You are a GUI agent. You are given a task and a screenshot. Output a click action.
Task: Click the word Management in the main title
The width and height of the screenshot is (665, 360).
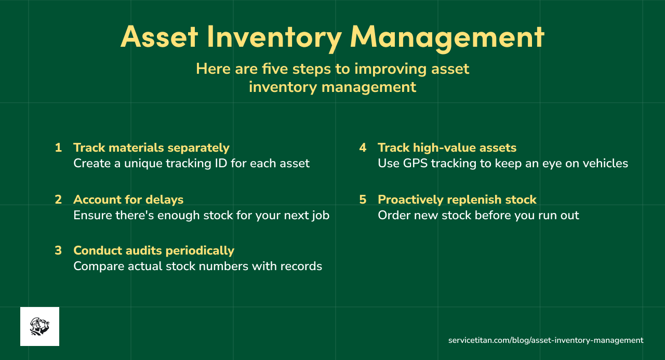[447, 37]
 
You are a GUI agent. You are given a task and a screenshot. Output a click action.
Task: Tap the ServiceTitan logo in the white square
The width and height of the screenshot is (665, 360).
[39, 326]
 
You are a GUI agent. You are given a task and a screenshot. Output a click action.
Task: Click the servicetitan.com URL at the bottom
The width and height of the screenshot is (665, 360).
[546, 340]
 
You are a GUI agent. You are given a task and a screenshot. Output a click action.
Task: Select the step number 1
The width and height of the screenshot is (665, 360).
[58, 148]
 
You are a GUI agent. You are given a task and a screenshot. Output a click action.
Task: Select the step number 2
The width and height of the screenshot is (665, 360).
[58, 199]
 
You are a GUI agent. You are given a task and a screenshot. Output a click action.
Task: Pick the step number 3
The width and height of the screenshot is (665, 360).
[58, 250]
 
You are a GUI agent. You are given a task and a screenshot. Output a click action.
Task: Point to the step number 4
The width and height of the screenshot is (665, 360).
[363, 148]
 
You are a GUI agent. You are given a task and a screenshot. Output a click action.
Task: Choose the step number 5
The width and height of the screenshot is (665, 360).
[363, 199]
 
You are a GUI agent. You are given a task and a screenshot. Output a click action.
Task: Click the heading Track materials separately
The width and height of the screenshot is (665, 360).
[151, 148]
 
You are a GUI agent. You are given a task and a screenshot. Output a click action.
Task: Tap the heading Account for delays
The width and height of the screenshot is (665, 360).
[128, 199]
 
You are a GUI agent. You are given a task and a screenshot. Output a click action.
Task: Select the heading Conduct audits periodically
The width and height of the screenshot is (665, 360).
[154, 250]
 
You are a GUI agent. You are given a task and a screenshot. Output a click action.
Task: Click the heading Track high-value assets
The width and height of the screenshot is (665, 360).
[447, 148]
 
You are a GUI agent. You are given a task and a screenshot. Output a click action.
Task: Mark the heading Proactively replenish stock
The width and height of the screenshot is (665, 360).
[457, 199]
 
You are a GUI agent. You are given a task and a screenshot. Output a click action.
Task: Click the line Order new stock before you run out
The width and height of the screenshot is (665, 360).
[478, 215]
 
